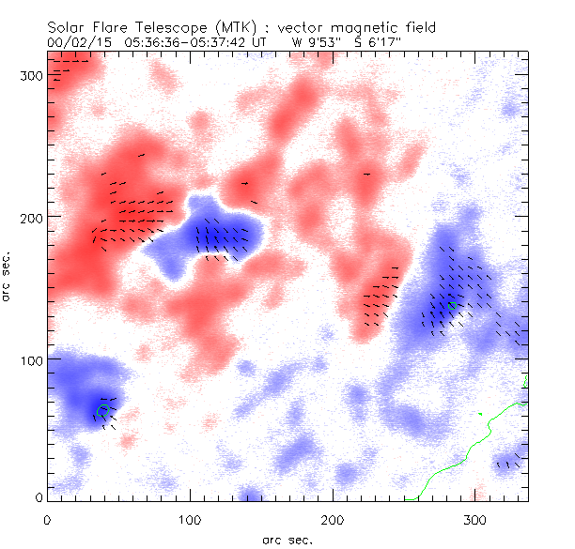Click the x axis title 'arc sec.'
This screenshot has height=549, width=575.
[287, 539]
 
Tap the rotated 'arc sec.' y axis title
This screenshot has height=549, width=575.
[8, 277]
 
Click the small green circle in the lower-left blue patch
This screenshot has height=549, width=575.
[103, 410]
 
